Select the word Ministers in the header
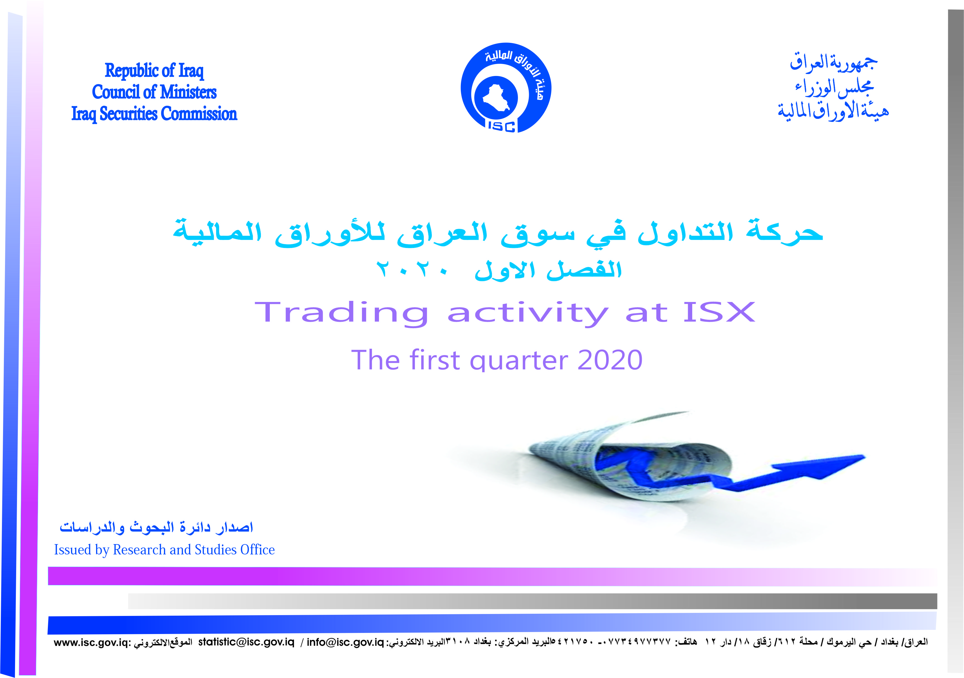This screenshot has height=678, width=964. pos(188,92)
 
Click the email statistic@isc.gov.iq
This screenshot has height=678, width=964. pos(246,642)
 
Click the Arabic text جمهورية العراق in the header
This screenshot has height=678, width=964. pos(834,63)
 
